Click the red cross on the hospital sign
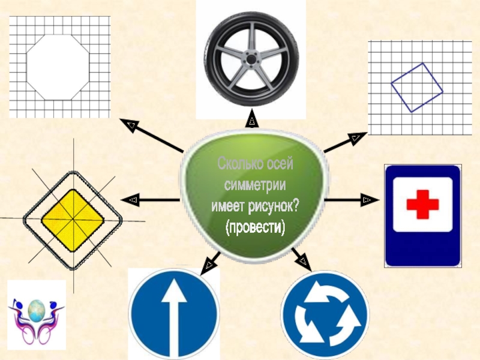coord(422,205)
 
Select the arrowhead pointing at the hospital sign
coord(367,199)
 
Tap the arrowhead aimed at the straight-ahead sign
coord(209,262)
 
